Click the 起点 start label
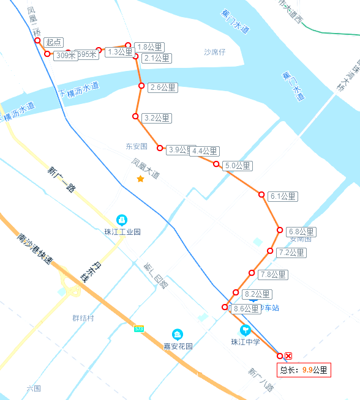point(54,42)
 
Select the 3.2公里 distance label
point(156,118)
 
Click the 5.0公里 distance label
point(238,166)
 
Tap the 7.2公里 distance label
point(291,253)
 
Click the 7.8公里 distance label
point(272,275)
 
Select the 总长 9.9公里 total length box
point(304,369)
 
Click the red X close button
point(288,356)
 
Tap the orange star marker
point(140,179)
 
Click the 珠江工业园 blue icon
point(122,220)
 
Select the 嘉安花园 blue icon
point(178,335)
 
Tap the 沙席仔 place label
point(215,52)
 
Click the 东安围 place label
point(137,147)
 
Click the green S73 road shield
point(140,328)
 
